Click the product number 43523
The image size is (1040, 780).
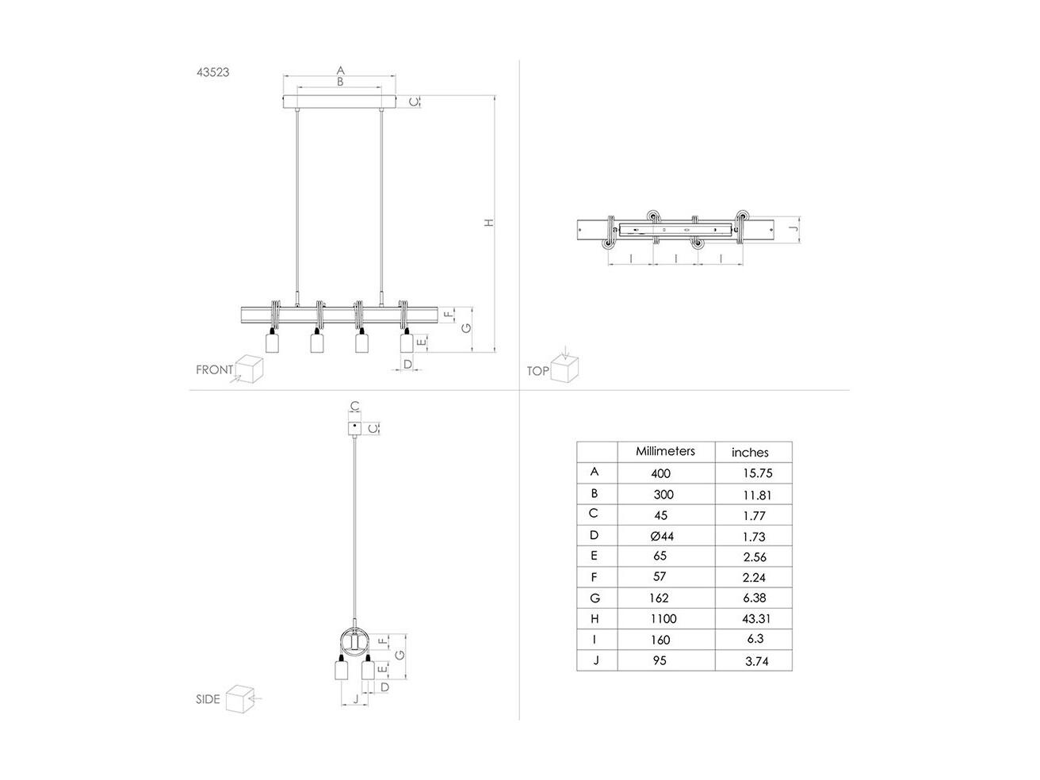coord(212,72)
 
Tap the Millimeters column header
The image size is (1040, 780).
coord(665,451)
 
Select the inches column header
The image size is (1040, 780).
coord(750,453)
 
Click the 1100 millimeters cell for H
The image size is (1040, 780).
coord(663,618)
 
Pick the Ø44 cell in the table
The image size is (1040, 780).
coord(662,536)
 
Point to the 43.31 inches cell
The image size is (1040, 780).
coord(756,618)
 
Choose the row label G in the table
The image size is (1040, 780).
coord(595,598)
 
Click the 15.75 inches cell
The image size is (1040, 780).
coord(758,473)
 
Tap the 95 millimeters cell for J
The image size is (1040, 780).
coord(660,660)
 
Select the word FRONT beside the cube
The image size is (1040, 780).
coord(215,370)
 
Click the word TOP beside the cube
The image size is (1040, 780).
coord(537,371)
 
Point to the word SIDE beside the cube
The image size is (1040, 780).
coord(208,699)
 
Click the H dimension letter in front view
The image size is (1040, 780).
coord(488,223)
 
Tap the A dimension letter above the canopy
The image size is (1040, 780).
coord(340,71)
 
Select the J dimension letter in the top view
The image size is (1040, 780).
coord(794,229)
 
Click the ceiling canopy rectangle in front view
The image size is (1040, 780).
coord(339,101)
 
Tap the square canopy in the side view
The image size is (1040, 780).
coord(355,429)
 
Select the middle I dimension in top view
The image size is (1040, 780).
coord(675,258)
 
